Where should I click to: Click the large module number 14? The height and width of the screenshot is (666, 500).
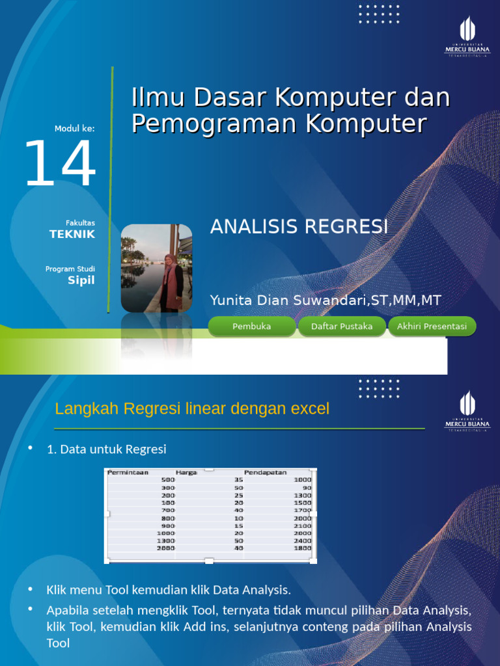coord(60,165)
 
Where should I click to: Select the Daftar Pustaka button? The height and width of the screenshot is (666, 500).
coord(342,326)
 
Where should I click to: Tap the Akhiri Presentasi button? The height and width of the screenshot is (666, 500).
coord(432,326)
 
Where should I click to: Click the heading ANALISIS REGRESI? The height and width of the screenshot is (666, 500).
coord(299,227)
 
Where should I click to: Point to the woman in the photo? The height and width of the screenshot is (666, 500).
coord(173,280)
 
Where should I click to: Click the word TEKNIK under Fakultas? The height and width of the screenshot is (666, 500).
coord(72,234)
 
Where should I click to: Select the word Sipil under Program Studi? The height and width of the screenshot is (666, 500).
coord(81,280)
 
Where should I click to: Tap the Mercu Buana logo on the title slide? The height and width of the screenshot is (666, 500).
coord(467,36)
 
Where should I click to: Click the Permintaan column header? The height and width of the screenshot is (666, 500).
coord(128,473)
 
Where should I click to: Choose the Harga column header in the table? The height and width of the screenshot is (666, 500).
coord(186,473)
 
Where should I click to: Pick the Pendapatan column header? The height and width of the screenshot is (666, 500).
coord(265,473)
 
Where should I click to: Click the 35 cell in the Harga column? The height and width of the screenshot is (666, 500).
coord(238,480)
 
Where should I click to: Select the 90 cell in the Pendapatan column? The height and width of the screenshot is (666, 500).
coord(307,487)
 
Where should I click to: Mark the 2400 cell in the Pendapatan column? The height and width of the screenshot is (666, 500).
coord(303,540)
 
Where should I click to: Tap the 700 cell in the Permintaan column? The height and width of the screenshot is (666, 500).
coord(169,511)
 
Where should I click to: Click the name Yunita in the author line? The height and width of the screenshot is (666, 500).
coord(230,300)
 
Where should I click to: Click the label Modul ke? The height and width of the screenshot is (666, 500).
coord(75,129)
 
